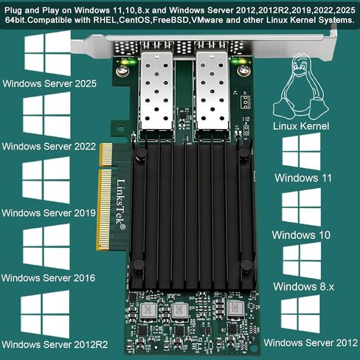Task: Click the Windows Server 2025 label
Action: [x=49, y=83]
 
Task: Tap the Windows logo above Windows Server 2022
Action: [x=47, y=115]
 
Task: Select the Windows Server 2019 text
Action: [x=49, y=212]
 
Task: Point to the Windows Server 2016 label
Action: [x=48, y=278]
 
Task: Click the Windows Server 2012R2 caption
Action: [x=55, y=345]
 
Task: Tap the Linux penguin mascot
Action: [x=300, y=87]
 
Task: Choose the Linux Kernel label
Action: [x=301, y=126]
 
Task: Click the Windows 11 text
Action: [x=303, y=178]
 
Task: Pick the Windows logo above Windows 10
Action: [x=301, y=207]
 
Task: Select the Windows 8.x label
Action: [x=304, y=286]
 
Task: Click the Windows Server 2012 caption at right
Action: [x=311, y=342]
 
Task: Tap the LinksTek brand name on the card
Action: [x=121, y=204]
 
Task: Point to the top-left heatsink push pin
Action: [x=141, y=153]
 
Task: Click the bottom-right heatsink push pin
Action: [x=246, y=265]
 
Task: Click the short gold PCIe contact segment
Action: [x=106, y=154]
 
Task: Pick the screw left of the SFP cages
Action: [x=122, y=72]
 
